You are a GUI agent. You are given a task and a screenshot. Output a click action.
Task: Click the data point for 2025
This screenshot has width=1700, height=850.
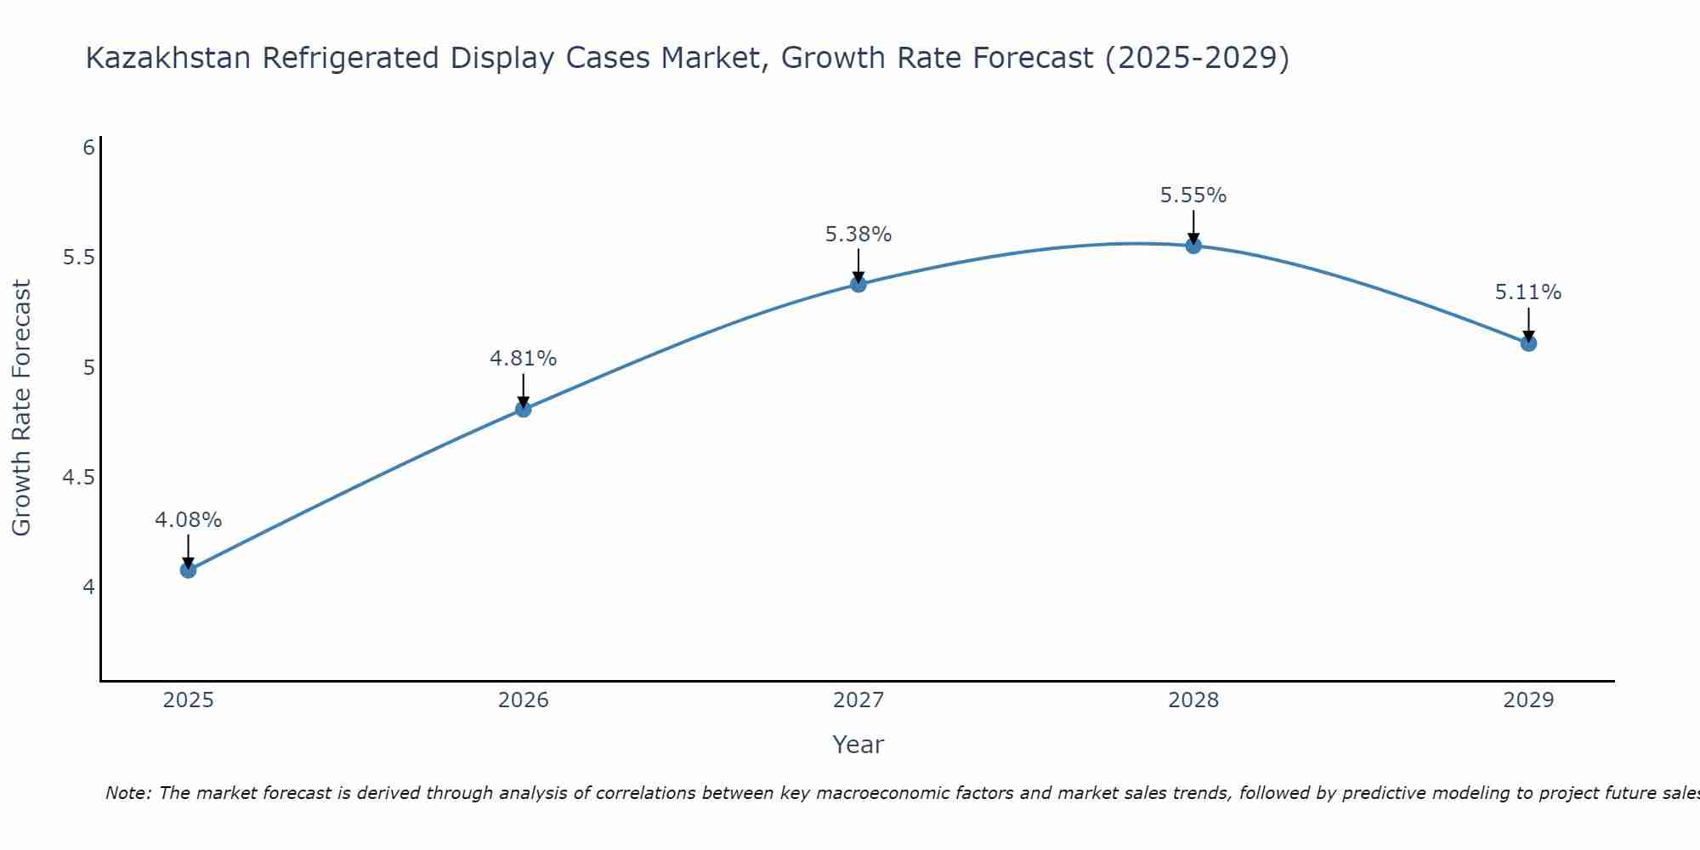189,569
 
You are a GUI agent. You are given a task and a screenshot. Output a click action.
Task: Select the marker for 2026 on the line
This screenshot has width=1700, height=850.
524,409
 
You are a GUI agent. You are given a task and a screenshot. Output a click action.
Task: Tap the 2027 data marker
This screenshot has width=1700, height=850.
858,284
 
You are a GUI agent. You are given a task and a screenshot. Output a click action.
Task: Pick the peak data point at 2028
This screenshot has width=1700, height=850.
1193,246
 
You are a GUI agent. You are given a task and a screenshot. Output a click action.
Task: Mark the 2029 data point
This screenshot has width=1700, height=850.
1528,343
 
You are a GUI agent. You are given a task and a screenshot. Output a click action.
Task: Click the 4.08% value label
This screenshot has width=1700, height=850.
189,519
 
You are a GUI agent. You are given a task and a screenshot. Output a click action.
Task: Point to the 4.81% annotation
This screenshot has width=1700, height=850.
524,359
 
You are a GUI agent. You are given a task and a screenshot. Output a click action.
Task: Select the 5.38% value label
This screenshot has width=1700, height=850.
858,234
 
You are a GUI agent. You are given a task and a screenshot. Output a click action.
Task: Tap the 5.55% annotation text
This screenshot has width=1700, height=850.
1193,195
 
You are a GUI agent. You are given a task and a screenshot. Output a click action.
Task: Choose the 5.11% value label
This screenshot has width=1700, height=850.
1528,292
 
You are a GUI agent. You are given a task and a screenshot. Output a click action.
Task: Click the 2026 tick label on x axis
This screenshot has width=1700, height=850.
524,700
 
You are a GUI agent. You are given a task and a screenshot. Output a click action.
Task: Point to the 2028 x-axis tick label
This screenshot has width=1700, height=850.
1193,700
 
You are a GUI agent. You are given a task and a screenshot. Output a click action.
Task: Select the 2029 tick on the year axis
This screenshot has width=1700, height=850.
1528,700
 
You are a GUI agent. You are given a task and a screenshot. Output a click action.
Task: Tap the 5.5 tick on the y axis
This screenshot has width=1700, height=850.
78,258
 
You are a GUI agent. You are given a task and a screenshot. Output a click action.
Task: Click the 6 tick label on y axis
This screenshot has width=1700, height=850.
88,148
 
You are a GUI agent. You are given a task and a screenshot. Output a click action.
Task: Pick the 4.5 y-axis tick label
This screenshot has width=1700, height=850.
78,478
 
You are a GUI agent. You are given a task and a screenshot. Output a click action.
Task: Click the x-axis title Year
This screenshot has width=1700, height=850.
858,745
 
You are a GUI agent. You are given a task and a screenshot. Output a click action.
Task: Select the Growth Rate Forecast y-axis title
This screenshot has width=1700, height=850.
22,408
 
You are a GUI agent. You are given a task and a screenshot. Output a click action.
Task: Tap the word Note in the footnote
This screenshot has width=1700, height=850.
127,793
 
